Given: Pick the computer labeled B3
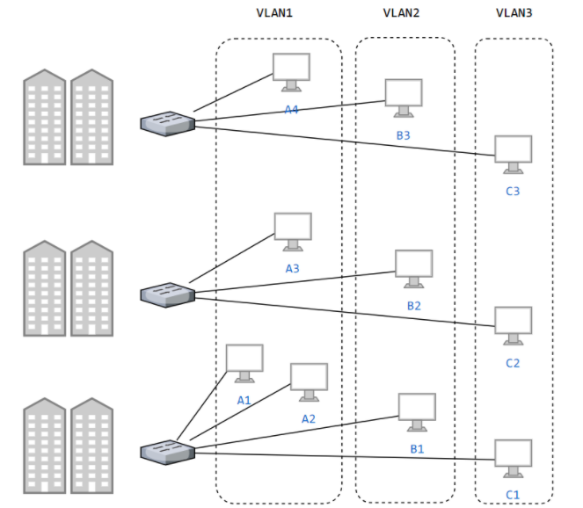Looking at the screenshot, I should click(404, 98).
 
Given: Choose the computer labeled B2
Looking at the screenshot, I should click(413, 268).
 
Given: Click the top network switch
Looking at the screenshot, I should click(167, 123).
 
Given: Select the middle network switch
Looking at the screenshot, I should click(167, 294).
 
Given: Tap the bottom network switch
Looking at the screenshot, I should click(167, 452).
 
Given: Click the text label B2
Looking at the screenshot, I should click(414, 306).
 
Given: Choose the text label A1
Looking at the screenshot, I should click(244, 400).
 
